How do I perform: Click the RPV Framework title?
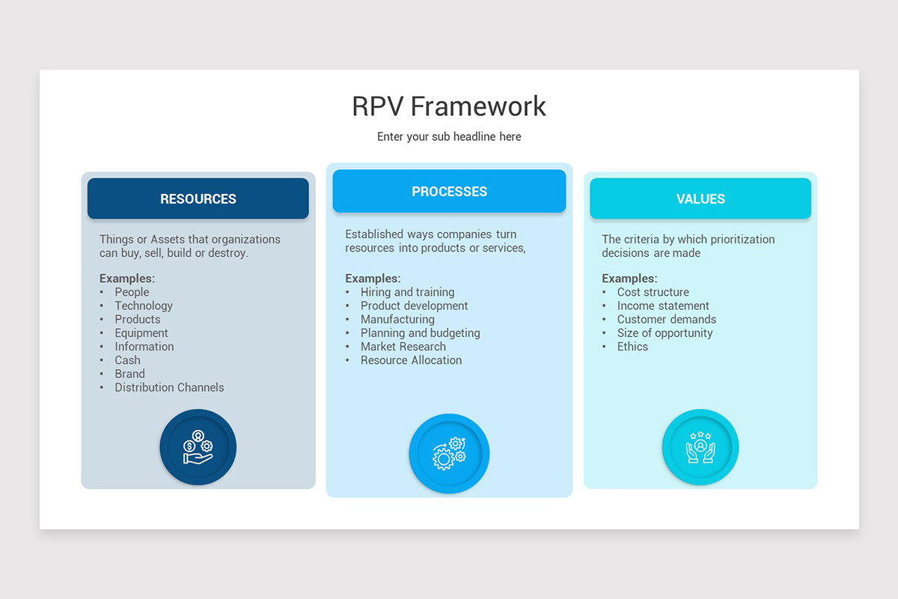click(449, 106)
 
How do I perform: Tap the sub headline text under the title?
click(449, 137)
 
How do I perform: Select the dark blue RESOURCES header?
click(198, 198)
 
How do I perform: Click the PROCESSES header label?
click(450, 192)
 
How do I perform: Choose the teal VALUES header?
click(700, 198)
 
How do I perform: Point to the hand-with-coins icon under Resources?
click(198, 447)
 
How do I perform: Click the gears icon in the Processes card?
click(449, 453)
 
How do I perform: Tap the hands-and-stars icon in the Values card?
click(700, 447)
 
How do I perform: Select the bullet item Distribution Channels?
click(169, 388)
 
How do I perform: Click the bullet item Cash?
click(127, 360)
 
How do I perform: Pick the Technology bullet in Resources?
click(144, 306)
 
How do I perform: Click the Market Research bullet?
click(403, 347)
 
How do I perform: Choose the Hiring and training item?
click(407, 292)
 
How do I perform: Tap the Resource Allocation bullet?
click(411, 360)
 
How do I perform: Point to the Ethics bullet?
click(632, 347)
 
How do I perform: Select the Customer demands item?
click(666, 320)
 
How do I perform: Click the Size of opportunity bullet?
click(665, 333)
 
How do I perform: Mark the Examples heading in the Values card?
click(629, 279)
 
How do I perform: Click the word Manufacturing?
click(397, 320)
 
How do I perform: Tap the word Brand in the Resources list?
click(130, 374)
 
